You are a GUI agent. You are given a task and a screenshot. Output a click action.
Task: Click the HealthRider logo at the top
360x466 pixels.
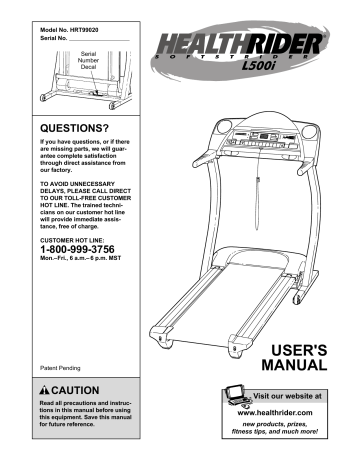coord(247,44)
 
